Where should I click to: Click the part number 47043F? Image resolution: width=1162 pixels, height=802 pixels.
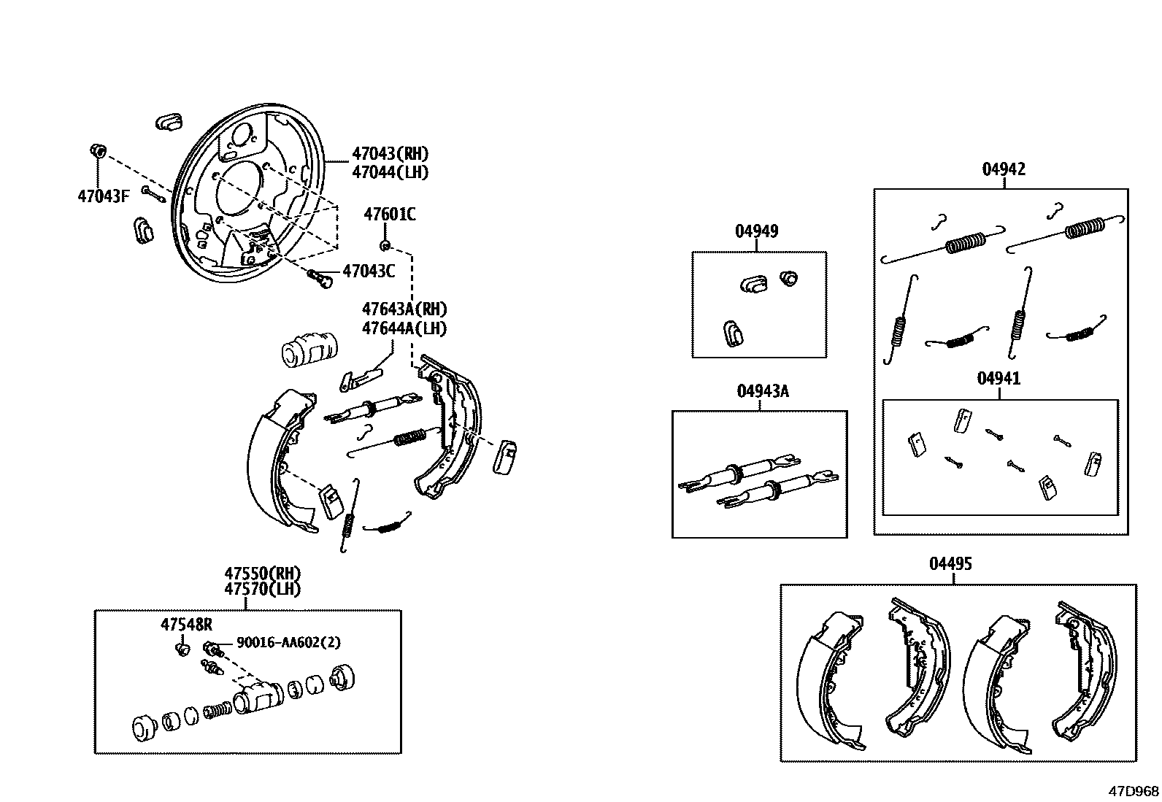(x=103, y=196)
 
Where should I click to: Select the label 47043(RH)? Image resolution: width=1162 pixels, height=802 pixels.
(x=390, y=154)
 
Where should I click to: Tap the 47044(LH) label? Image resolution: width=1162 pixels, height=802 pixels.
(x=390, y=172)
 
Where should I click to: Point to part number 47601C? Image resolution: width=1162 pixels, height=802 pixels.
(x=390, y=214)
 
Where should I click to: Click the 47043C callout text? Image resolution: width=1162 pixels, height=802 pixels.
(x=369, y=271)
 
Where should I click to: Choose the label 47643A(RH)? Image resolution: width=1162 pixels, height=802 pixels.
(x=404, y=309)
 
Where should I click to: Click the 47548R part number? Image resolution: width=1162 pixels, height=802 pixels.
(x=186, y=624)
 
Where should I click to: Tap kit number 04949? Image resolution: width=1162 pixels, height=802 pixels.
(x=756, y=231)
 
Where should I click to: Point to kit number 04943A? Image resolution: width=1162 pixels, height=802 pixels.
(x=763, y=391)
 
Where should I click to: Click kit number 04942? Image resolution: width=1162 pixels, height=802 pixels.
(x=1004, y=169)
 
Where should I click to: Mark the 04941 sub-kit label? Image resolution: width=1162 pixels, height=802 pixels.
(x=999, y=379)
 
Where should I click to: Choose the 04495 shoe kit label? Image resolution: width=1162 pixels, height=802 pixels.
(x=950, y=564)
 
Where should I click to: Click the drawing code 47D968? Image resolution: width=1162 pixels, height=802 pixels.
(x=1134, y=791)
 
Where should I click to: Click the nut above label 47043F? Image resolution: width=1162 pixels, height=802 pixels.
(x=97, y=151)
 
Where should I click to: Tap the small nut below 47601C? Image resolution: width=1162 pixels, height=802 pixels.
(x=385, y=244)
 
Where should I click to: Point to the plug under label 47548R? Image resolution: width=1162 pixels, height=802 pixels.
(x=182, y=647)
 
